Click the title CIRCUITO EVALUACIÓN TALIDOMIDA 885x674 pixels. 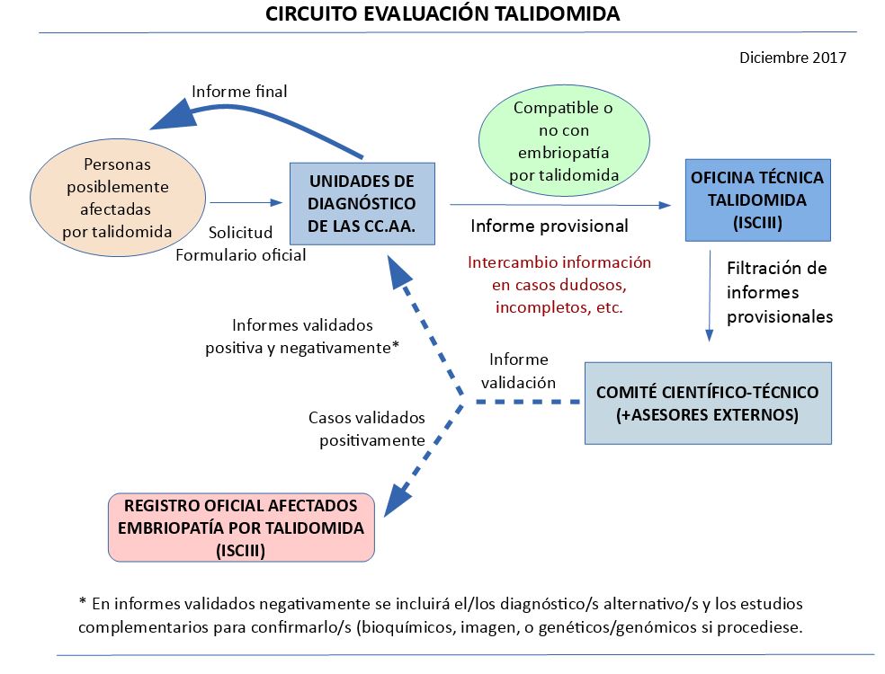point(442,14)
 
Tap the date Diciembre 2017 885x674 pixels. point(792,58)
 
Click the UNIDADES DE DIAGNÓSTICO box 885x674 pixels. point(362,203)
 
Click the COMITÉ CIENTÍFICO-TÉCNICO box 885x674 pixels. point(707,404)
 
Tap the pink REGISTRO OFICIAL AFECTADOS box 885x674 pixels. point(240,528)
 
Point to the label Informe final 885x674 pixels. point(239,91)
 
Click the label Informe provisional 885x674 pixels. point(550,226)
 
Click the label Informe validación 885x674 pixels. point(518,370)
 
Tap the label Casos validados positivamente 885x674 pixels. point(366,429)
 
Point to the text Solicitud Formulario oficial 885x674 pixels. point(241,244)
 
